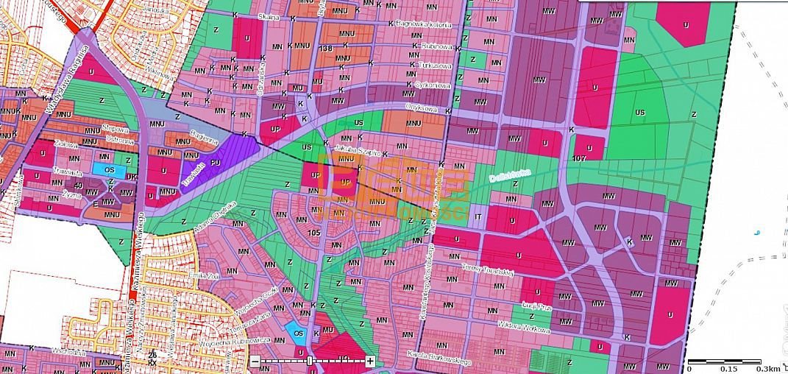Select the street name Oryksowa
coord(422,107)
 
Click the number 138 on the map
coord(327,49)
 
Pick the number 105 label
coord(315,233)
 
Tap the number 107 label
coord(578,158)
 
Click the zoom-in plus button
coord(370,361)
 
